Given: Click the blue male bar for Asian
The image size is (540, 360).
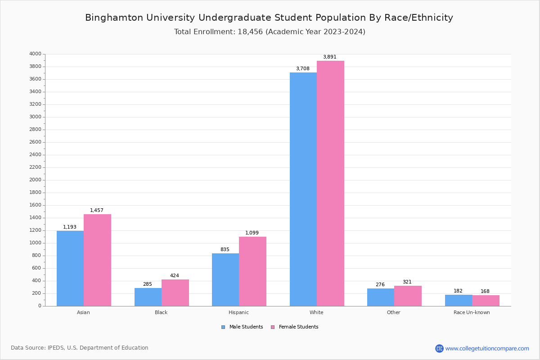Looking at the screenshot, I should coord(70,268).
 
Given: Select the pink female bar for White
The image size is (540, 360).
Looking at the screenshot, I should coord(330,183).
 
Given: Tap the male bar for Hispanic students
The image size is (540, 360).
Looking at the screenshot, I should coord(225,279).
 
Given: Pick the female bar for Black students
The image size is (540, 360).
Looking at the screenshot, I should coord(175,292).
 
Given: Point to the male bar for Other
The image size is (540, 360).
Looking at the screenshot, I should coord(381,297).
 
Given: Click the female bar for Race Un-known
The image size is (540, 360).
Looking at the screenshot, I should coord(486,301).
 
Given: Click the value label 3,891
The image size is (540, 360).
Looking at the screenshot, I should coord(329,57).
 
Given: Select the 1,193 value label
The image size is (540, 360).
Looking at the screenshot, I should coord(70,227).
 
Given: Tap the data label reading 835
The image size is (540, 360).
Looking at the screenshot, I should coord(225,250).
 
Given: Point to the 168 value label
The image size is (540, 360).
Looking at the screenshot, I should coord(485,292).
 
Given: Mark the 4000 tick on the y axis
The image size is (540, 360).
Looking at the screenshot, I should coord(35,54).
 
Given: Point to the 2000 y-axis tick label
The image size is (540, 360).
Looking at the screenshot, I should coord(35,180).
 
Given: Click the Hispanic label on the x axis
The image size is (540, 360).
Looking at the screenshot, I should coord(238,312).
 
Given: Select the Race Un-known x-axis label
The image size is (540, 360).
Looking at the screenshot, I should coord(472,312).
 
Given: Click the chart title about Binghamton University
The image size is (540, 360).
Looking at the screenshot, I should coord(269,18).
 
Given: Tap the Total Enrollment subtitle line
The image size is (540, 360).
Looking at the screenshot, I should coord(270,32).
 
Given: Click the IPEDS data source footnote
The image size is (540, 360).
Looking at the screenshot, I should coord(80,348).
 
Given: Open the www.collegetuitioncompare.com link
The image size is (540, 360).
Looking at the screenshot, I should coord(487,348).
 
